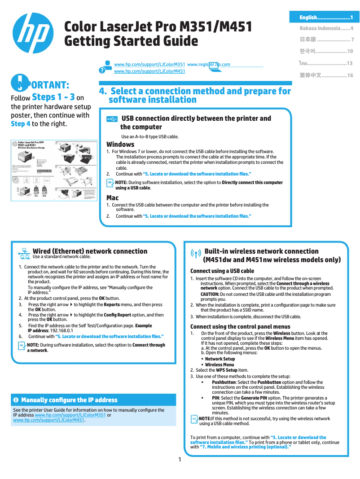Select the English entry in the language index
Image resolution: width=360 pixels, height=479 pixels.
click(326, 18)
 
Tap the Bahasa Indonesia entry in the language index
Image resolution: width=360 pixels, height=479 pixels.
click(326, 28)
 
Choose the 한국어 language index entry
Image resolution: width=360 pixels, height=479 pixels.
click(326, 51)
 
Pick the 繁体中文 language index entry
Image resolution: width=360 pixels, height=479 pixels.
click(326, 75)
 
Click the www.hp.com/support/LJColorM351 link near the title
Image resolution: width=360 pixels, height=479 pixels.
click(149, 65)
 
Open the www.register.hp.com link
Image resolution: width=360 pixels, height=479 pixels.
click(208, 65)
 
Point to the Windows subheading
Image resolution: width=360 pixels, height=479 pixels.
click(120, 145)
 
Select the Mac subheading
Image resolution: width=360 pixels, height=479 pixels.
click(112, 198)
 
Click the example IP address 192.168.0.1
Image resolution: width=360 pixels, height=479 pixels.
click(63, 331)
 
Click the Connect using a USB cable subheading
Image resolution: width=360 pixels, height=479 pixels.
click(222, 271)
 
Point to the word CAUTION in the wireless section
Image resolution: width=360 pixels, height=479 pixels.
click(210, 294)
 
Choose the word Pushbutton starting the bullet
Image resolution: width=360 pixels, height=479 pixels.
click(224, 382)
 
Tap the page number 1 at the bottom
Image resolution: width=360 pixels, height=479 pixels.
click(180, 459)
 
